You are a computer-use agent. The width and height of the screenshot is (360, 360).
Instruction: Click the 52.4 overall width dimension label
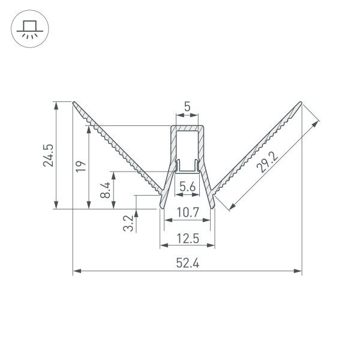point(188,263)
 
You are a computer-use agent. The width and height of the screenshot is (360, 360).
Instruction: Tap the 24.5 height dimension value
point(48,155)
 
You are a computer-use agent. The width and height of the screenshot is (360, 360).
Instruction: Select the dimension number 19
point(81,166)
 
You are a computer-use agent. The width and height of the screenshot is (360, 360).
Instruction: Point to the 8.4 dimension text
point(106,190)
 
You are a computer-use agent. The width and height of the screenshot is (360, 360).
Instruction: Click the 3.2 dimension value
point(128,223)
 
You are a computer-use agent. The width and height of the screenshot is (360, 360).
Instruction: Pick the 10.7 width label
point(188,212)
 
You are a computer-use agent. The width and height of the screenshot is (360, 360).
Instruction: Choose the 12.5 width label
point(188,239)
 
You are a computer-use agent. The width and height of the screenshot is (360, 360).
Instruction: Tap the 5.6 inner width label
point(187,187)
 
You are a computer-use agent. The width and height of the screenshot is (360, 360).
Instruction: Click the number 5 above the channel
point(187,107)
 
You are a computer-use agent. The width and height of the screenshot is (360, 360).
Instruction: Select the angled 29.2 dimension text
point(267,162)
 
